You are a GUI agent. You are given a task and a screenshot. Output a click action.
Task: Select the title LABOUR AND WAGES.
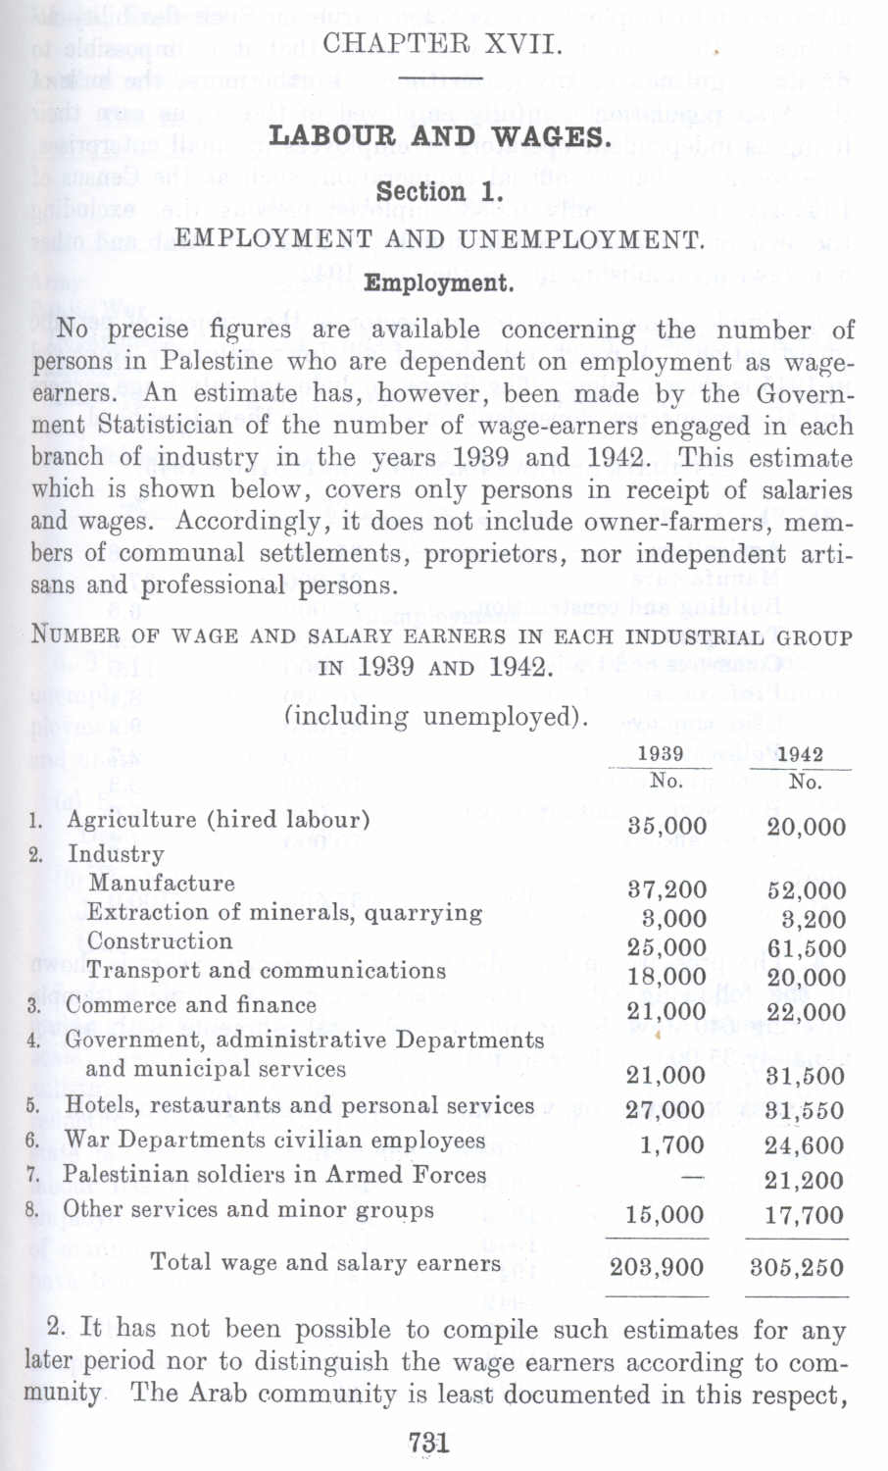(x=440, y=135)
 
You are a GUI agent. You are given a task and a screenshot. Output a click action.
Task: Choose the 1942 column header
(x=800, y=754)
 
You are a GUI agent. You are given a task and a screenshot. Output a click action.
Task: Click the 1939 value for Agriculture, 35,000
(x=666, y=826)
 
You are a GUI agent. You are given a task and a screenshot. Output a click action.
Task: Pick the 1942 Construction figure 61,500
(x=807, y=948)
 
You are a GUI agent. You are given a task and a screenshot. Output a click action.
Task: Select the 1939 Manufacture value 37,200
(x=666, y=890)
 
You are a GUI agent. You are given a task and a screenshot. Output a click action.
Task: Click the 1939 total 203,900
(x=657, y=1267)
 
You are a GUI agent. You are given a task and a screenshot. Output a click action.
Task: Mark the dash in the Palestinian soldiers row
(x=692, y=1176)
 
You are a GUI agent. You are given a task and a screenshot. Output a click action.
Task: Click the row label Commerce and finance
(x=191, y=1005)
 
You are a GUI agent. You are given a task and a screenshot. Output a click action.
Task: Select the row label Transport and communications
(x=266, y=971)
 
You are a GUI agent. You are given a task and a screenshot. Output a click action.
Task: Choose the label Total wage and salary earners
(x=325, y=1263)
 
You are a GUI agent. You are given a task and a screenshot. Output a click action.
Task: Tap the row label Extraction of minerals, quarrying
(x=284, y=913)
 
